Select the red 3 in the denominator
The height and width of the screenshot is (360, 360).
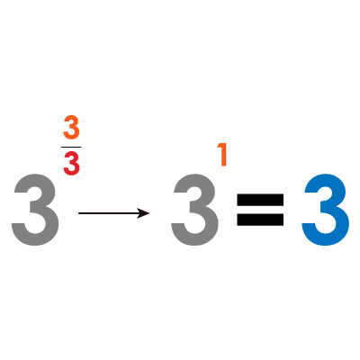coord(71,165)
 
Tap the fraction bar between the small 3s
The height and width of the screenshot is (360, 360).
coord(71,147)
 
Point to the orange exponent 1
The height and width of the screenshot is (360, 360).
coord(222,155)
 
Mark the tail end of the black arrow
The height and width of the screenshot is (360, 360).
coord(79,213)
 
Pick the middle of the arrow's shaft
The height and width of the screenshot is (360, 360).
coord(114,213)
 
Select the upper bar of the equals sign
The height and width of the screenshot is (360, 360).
coord(260,200)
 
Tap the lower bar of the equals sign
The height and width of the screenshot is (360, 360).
coord(260,220)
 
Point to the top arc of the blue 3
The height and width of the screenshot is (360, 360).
coord(326,179)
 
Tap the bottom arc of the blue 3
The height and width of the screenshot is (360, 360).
coord(326,239)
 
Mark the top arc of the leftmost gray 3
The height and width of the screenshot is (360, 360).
coord(35,179)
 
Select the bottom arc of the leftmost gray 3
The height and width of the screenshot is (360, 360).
coord(35,239)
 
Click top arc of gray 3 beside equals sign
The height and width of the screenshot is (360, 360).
coord(194,179)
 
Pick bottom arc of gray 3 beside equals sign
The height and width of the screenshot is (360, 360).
coord(194,239)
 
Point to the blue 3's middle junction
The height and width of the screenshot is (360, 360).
coord(326,208)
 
